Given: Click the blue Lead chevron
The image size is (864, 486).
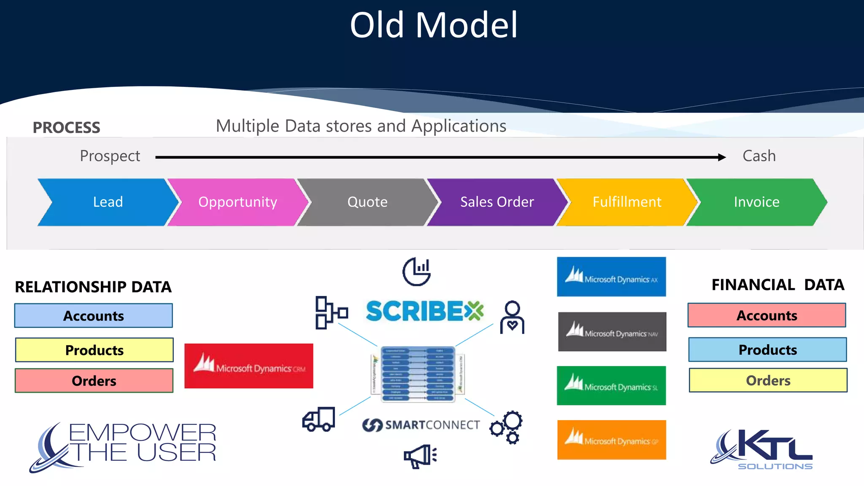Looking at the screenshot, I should [108, 202].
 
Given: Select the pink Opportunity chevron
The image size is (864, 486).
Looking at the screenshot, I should [238, 202].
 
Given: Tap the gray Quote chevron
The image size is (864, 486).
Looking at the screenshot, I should [367, 202].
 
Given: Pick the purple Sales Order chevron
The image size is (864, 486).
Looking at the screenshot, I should [497, 202].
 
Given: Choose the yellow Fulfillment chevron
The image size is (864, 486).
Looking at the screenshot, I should [627, 202].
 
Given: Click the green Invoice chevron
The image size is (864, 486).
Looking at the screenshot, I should [756, 202].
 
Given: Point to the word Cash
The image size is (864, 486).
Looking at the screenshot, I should [759, 156].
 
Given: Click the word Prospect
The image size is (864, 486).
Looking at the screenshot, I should [110, 156].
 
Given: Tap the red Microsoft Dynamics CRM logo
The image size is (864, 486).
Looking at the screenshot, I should [249, 366].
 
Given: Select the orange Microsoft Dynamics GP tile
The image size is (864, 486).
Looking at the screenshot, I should [611, 440].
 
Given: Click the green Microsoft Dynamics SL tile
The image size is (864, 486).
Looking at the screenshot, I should [611, 386].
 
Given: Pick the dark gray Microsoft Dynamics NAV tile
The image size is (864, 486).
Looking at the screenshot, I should [612, 332].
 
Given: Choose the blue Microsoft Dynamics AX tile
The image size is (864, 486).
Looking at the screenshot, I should [611, 277].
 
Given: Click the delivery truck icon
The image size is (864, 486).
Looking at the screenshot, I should [319, 419].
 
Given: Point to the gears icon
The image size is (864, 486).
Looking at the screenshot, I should [507, 427].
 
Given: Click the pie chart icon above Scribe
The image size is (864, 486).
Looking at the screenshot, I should [417, 271].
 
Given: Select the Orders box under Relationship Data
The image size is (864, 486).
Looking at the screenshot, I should [94, 381].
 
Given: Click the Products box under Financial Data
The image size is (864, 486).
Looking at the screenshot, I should [767, 350].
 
